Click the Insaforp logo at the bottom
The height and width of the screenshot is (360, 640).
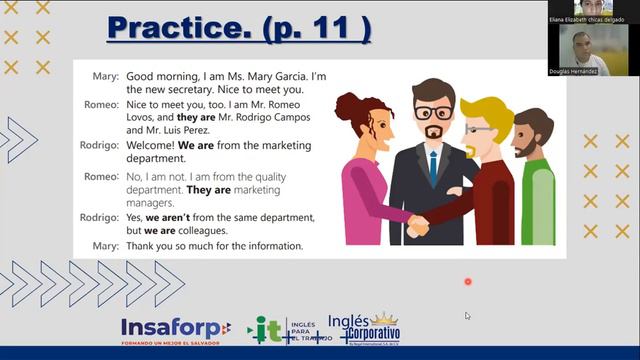click(175, 329)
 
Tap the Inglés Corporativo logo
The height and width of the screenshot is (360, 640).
click(363, 326)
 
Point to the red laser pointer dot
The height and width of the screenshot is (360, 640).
click(467, 282)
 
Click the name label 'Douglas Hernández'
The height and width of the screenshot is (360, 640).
click(575, 71)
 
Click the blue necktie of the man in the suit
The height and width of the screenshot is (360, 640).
click(432, 166)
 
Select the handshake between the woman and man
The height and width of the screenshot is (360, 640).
click(418, 225)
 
